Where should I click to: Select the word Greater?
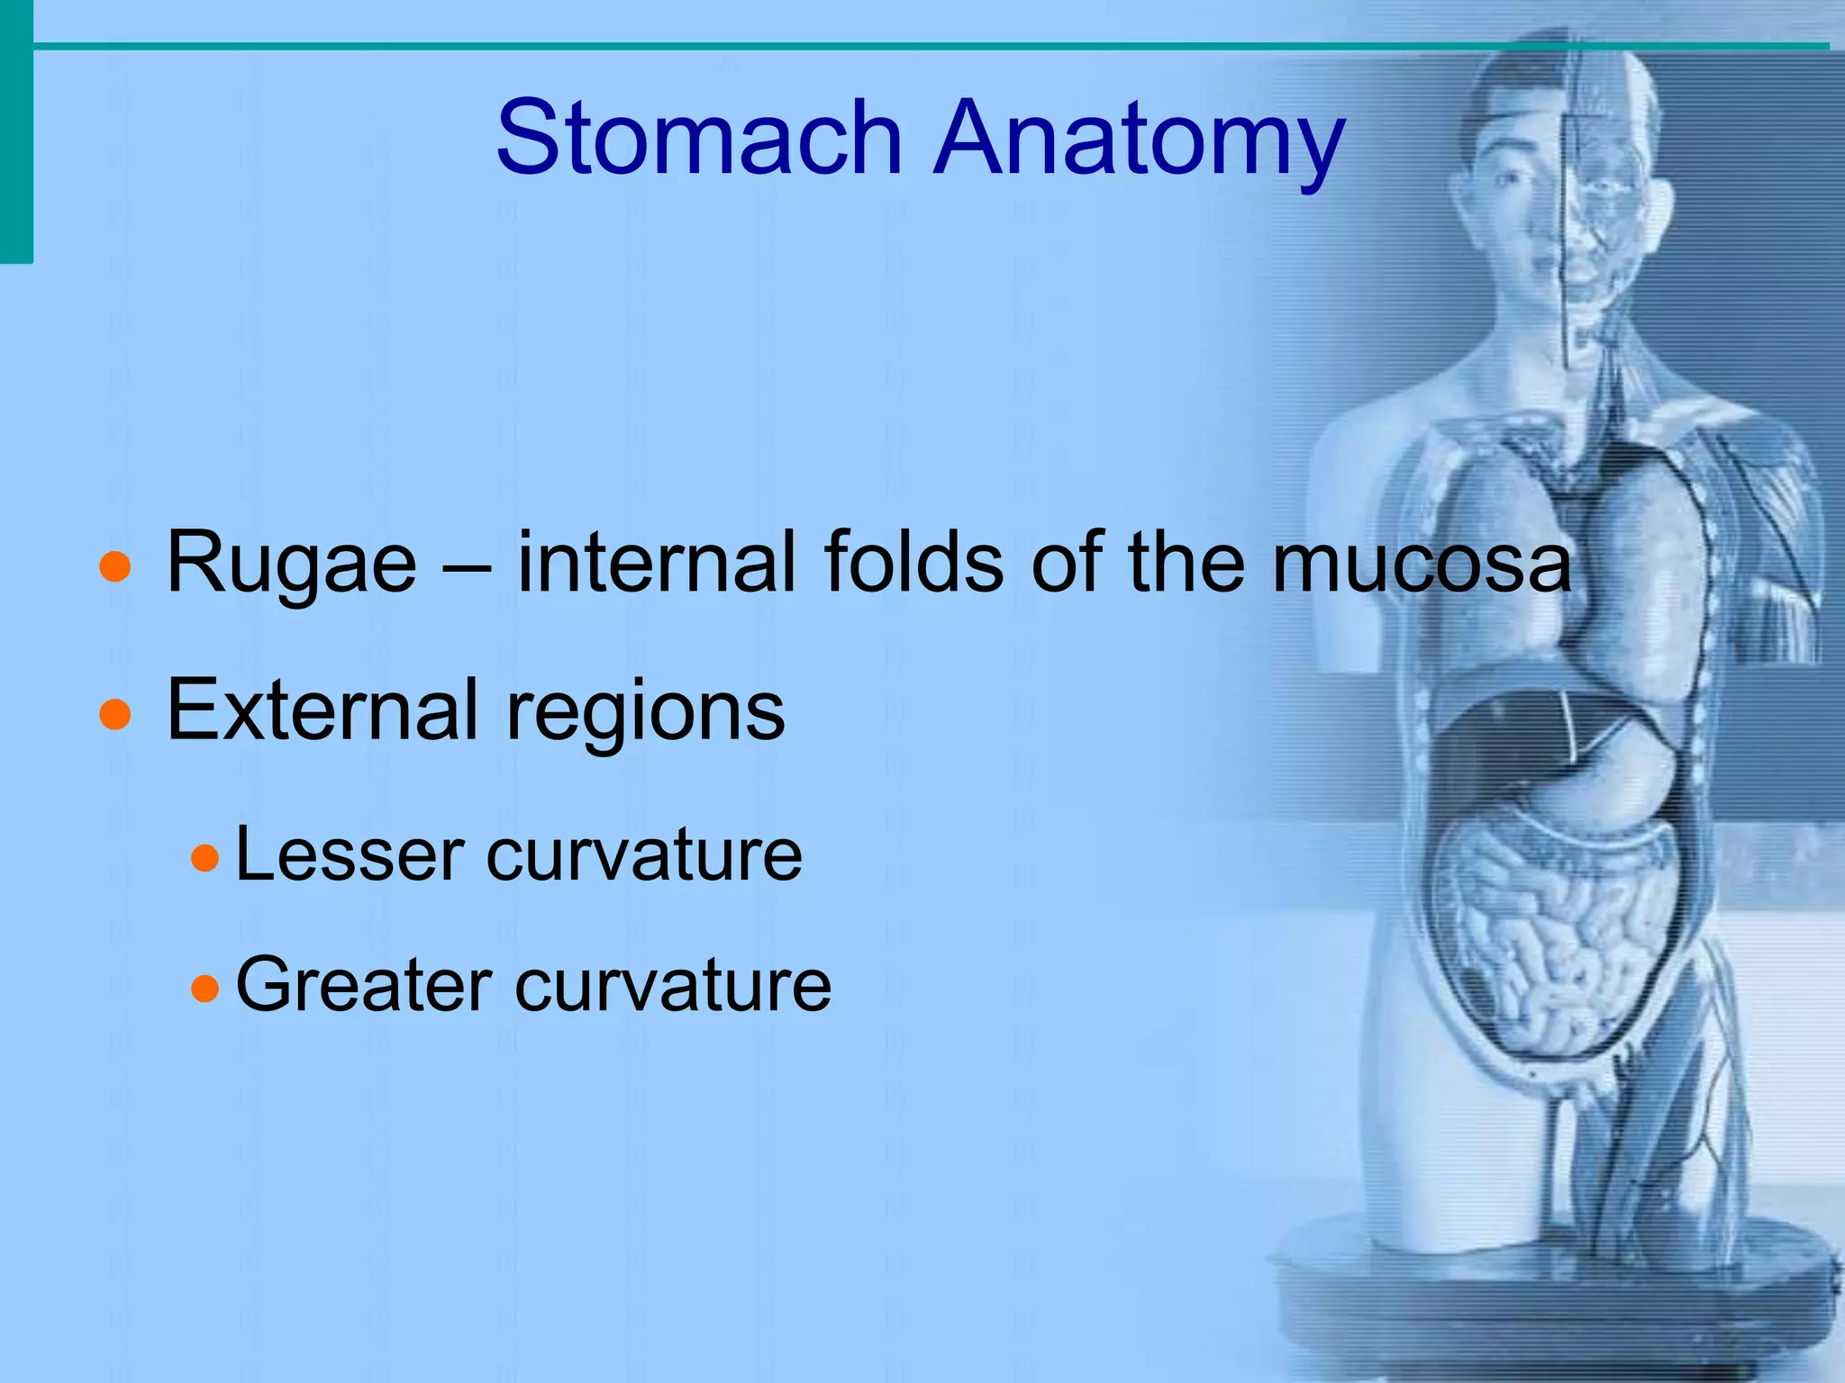tap(364, 985)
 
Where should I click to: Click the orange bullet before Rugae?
tap(115, 568)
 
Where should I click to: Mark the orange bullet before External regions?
tap(115, 715)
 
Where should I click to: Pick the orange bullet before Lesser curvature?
tap(205, 858)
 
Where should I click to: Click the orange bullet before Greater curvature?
tap(205, 989)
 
